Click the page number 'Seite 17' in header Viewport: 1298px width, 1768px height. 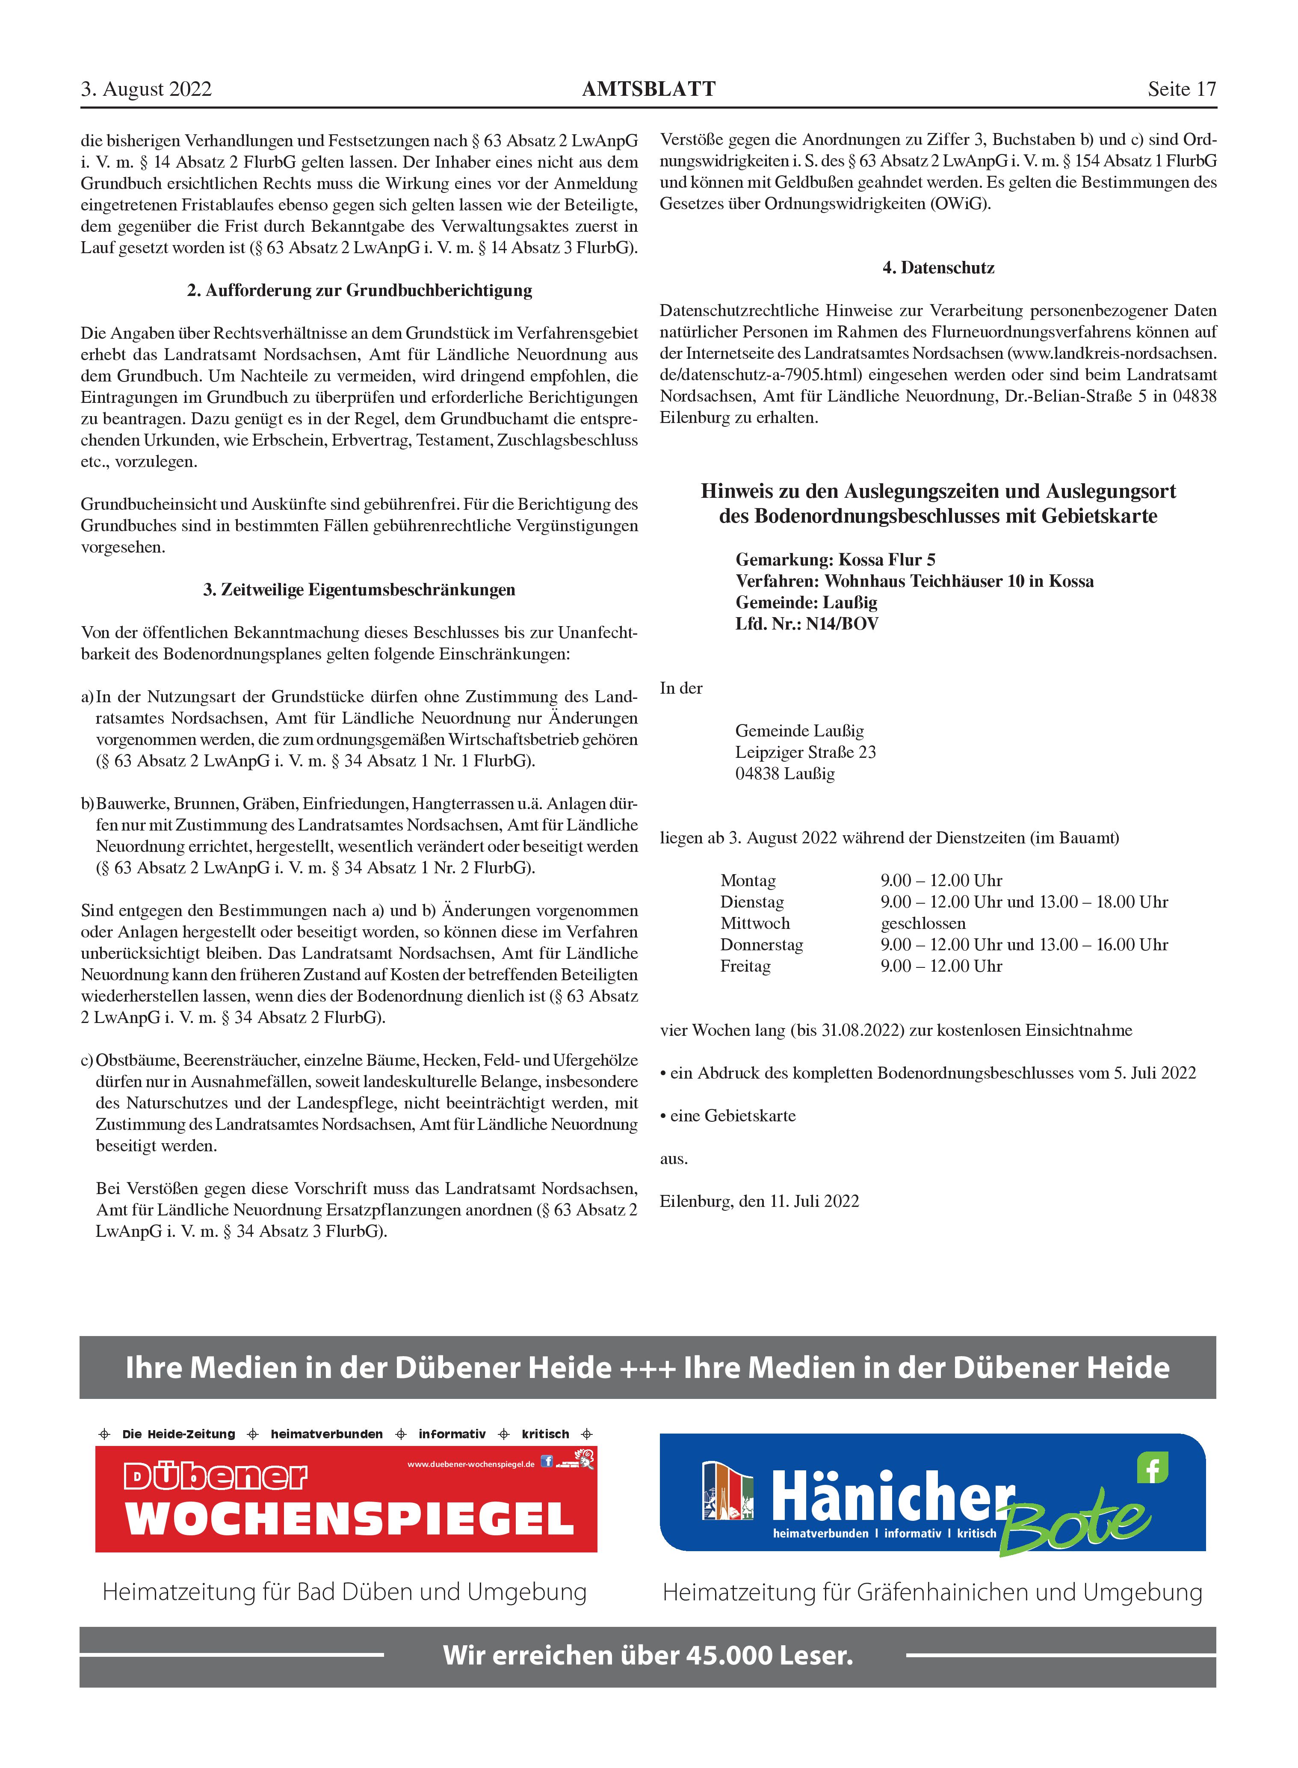(1181, 89)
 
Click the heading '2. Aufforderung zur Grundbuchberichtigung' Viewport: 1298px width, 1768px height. (359, 291)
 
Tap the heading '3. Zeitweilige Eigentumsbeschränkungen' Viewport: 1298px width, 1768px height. (359, 590)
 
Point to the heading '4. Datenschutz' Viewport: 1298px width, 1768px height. (938, 268)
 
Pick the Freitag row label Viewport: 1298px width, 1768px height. (745, 967)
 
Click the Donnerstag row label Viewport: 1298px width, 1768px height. (761, 945)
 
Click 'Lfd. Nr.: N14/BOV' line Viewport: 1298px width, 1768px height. (807, 624)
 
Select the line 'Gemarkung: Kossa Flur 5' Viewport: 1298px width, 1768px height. (835, 560)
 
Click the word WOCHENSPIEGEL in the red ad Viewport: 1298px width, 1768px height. (350, 1519)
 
